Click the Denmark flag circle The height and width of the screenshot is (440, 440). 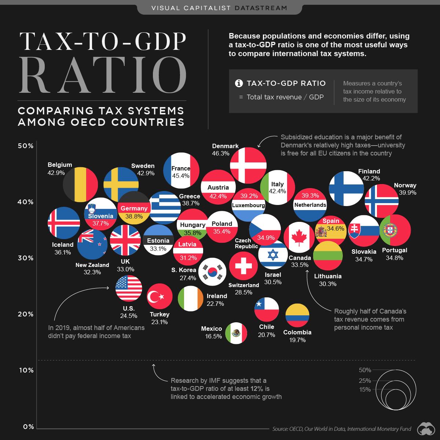(x=248, y=165)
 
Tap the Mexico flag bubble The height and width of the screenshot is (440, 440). (x=236, y=333)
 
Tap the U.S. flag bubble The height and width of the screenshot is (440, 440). (x=129, y=288)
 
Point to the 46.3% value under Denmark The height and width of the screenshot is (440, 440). (x=220, y=153)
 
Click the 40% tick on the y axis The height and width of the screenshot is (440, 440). (x=26, y=202)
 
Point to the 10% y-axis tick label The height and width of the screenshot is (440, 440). (x=26, y=370)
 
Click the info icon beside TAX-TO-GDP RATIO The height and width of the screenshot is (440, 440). (x=239, y=83)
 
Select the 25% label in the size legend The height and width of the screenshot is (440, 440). (x=365, y=381)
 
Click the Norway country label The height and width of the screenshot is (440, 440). (x=405, y=185)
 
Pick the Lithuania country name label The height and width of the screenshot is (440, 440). (x=328, y=276)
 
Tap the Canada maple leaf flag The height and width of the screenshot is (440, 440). (x=299, y=237)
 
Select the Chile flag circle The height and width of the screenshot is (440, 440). (x=267, y=309)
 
